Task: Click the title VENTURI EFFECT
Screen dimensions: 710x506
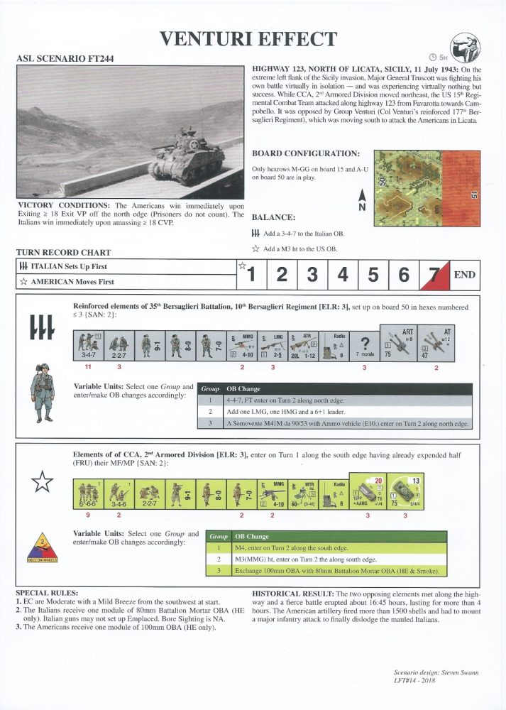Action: pyautogui.click(x=248, y=38)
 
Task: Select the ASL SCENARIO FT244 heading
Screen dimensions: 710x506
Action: pyautogui.click(x=64, y=58)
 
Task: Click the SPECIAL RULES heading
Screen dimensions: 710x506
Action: pyautogui.click(x=47, y=591)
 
